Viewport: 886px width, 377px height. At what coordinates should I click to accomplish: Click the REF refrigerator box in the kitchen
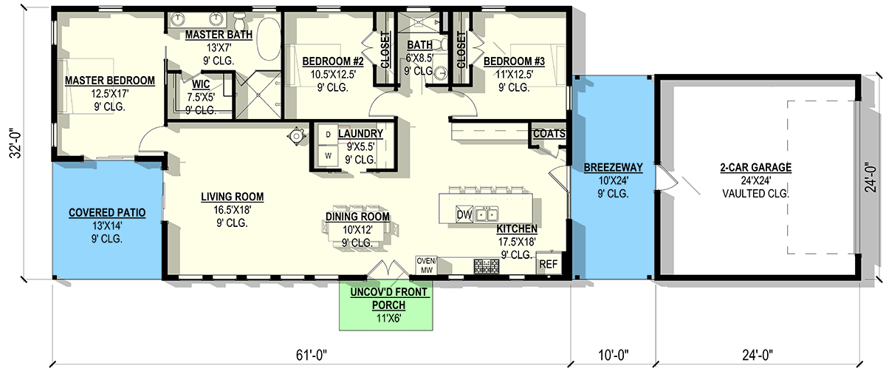548,264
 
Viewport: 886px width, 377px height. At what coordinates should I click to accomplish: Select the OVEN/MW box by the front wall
427,265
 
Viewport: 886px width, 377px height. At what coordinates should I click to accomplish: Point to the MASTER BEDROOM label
109,81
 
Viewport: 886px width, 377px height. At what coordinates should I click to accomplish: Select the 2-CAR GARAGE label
755,168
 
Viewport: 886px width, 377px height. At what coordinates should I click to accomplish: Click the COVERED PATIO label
107,213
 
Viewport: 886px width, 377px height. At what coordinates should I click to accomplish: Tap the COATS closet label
549,134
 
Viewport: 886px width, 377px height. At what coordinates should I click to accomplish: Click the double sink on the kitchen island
487,215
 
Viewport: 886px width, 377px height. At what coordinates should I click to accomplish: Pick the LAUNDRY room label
360,134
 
